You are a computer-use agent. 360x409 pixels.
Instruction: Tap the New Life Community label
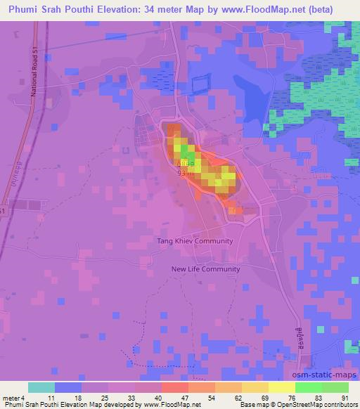coord(206,268)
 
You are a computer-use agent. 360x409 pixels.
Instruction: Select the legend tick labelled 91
coord(343,397)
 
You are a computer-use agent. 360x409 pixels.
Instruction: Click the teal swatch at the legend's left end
coord(40,387)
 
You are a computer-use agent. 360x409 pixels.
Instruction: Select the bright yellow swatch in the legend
coord(281,387)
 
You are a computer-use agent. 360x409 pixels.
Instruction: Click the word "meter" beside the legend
coord(12,397)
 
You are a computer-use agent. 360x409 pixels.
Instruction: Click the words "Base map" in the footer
coord(252,405)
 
